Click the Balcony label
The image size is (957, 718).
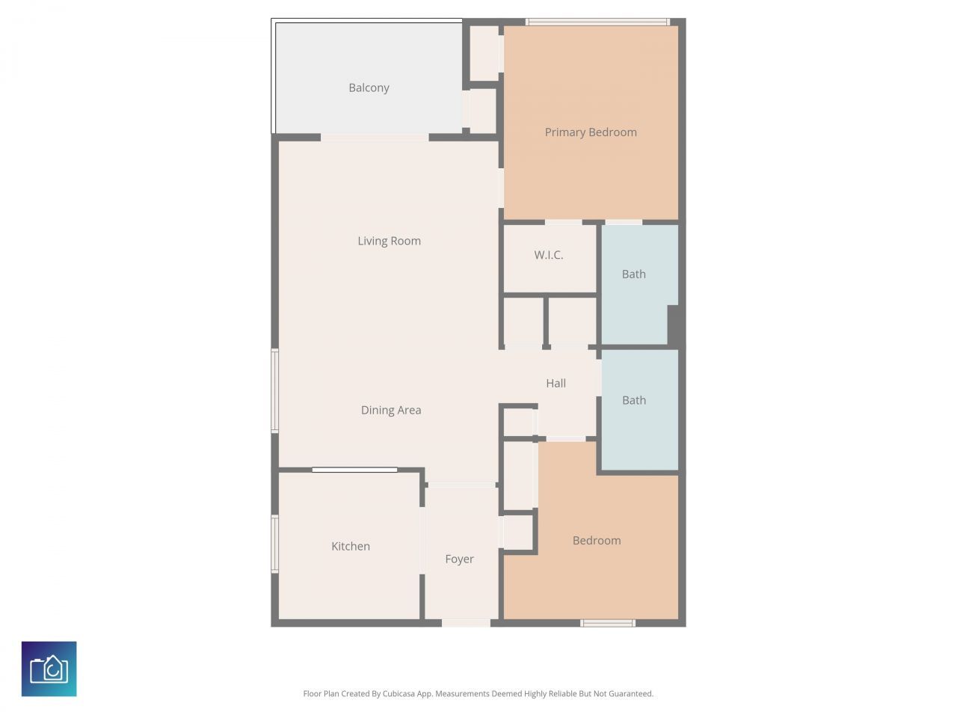click(x=369, y=88)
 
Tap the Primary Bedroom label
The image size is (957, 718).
click(x=591, y=132)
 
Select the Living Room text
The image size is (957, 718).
click(x=389, y=241)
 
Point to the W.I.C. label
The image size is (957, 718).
click(x=549, y=255)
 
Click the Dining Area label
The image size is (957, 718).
click(x=391, y=410)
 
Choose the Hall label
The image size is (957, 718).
click(x=556, y=383)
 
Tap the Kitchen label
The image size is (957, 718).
click(x=351, y=546)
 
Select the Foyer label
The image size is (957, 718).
click(x=459, y=559)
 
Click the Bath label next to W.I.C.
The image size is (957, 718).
click(x=634, y=274)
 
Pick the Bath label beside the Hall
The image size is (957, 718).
click(x=634, y=400)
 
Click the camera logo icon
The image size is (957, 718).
click(x=49, y=669)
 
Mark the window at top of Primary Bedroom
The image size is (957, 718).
click(x=597, y=22)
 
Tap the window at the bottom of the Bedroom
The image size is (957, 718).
click(x=608, y=623)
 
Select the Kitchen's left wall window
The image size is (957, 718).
click(x=274, y=544)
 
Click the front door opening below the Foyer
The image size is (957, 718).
click(x=466, y=623)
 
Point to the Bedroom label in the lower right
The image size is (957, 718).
click(x=597, y=540)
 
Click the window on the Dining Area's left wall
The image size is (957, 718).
click(x=274, y=390)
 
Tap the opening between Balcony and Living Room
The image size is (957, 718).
click(x=375, y=138)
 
